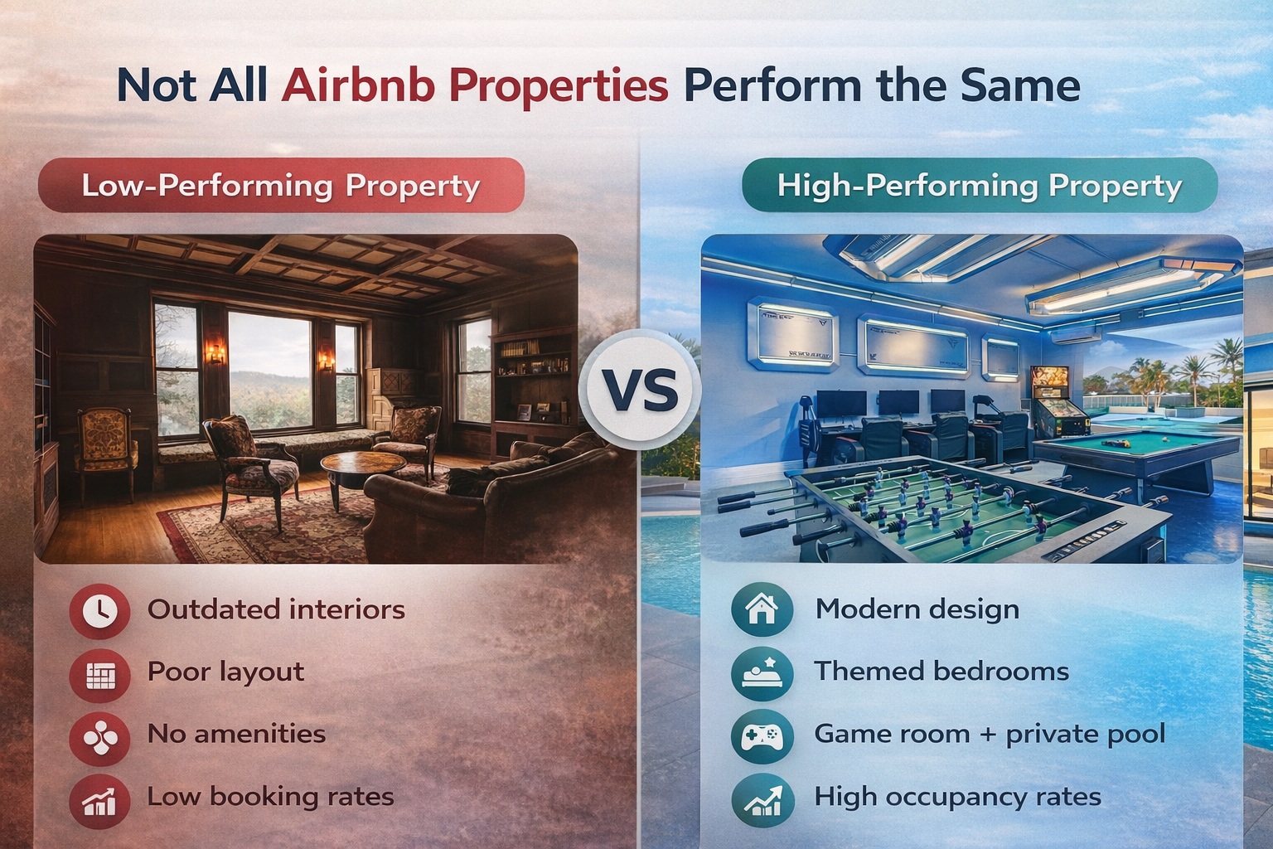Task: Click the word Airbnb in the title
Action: coord(358,85)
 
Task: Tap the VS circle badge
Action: coord(640,390)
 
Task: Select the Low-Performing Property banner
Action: coord(281,185)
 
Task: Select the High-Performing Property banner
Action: coord(980,185)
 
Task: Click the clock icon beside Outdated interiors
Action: coord(99,611)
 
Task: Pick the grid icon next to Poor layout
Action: coord(99,674)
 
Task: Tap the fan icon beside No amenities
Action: coord(99,736)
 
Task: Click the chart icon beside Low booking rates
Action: coord(99,799)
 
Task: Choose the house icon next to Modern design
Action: coord(762,609)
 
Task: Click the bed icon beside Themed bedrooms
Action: coord(762,672)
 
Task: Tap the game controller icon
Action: coord(762,735)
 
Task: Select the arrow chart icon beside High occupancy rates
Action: coord(762,799)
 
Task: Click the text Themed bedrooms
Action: coord(941,671)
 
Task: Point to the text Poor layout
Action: coord(225,672)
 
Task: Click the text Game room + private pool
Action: coord(990,734)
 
